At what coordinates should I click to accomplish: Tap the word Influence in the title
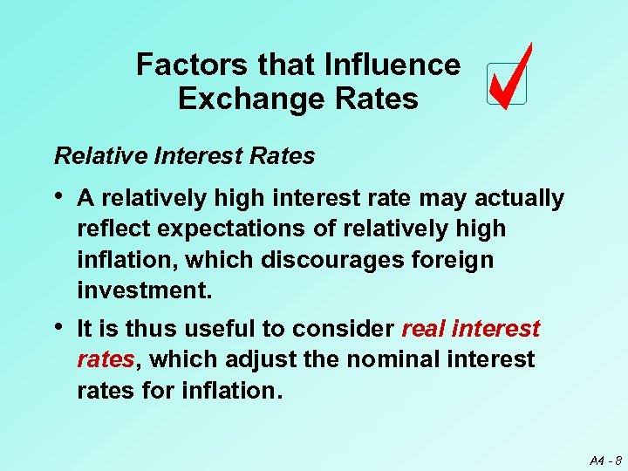tap(392, 65)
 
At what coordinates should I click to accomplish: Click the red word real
tap(424, 329)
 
